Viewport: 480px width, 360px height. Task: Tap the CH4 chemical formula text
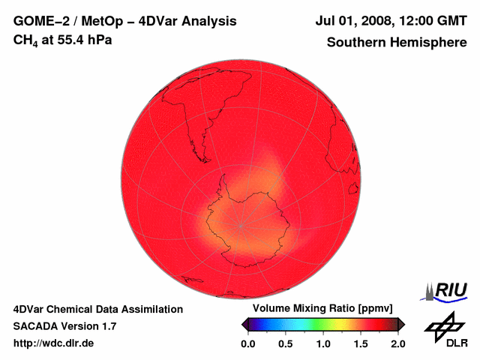(25, 40)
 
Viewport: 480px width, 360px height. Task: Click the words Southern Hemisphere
(395, 42)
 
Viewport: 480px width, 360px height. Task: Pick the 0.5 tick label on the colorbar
(285, 343)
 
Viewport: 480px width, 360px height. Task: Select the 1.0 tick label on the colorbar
(322, 343)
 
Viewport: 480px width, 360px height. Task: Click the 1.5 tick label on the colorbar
(360, 343)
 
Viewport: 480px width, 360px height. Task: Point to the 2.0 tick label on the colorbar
(397, 343)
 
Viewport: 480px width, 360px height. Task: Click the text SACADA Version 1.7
(64, 326)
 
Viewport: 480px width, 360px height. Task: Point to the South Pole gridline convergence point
(241, 225)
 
